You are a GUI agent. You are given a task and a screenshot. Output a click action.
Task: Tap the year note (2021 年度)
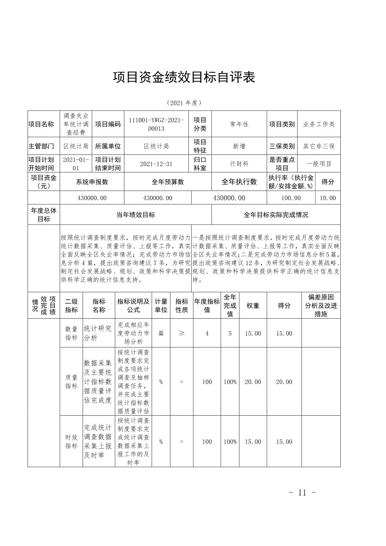pyautogui.click(x=184, y=103)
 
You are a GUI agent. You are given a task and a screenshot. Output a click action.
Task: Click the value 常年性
pyautogui.click(x=239, y=124)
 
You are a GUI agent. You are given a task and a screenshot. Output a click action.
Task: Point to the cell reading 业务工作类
pyautogui.click(x=319, y=124)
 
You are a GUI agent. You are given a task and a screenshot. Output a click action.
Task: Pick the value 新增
pyautogui.click(x=239, y=146)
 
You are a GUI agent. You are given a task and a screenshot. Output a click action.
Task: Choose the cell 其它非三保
pyautogui.click(x=319, y=146)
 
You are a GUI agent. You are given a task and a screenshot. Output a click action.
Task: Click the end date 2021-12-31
pyautogui.click(x=156, y=164)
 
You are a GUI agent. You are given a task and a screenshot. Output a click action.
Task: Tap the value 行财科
pyautogui.click(x=239, y=164)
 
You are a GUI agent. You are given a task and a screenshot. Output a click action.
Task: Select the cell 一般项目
pyautogui.click(x=319, y=164)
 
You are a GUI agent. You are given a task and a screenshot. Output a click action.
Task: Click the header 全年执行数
pyautogui.click(x=239, y=182)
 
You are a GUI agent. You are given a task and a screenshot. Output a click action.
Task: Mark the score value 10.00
pyautogui.click(x=328, y=198)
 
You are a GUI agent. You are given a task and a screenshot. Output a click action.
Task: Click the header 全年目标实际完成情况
pyautogui.click(x=276, y=215)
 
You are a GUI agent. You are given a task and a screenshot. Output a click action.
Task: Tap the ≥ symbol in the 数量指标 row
pyautogui.click(x=181, y=333)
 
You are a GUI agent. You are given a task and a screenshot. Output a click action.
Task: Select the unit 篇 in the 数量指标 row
pyautogui.click(x=161, y=333)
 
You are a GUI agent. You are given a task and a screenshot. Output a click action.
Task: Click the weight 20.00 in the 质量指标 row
pyautogui.click(x=253, y=382)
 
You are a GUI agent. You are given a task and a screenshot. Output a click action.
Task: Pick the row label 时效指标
pyautogui.click(x=71, y=441)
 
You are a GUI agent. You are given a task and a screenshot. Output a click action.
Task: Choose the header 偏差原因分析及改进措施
pyautogui.click(x=321, y=306)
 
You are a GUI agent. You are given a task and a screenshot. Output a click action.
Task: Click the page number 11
pyautogui.click(x=302, y=492)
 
